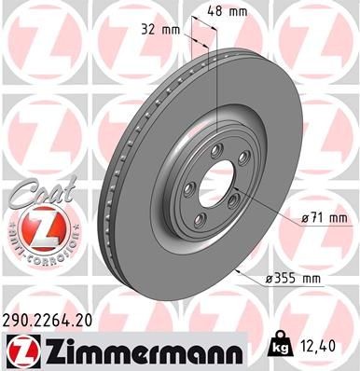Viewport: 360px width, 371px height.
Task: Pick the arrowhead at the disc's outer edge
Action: (x=240, y=270)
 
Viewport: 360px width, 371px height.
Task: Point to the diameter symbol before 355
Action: (x=273, y=278)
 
